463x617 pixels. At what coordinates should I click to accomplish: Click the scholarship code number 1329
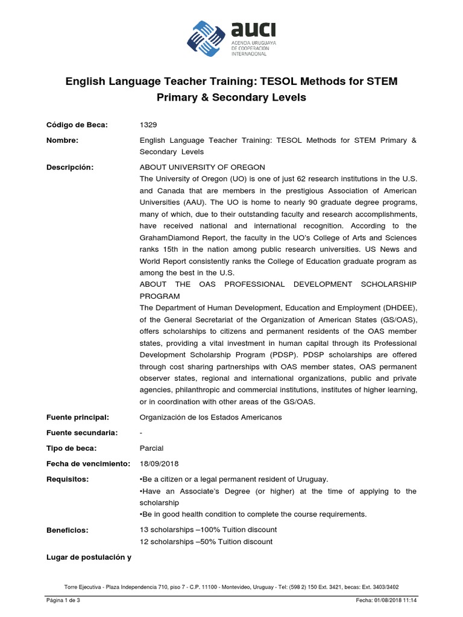coord(148,125)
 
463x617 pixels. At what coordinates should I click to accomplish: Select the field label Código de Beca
coord(77,125)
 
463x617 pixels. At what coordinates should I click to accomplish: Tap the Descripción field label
coord(70,167)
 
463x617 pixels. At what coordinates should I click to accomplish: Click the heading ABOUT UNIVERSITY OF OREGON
coord(202,167)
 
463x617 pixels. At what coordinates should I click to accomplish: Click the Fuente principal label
coord(77,417)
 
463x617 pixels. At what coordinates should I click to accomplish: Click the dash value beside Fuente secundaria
coord(141,433)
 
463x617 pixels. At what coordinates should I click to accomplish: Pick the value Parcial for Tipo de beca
coord(151,448)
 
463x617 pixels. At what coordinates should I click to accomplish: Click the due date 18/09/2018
coord(159,463)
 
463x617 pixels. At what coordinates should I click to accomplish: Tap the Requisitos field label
coord(67,479)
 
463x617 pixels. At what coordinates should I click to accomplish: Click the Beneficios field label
coord(67,530)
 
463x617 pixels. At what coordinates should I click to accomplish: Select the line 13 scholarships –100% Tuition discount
coord(208,530)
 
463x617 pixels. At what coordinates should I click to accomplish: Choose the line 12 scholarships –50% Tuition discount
coord(206,542)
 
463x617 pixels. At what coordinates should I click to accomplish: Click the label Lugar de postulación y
coord(89,557)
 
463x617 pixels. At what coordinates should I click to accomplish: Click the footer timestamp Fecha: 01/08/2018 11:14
coord(386,601)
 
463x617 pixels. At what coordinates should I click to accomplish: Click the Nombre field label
coord(63,140)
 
